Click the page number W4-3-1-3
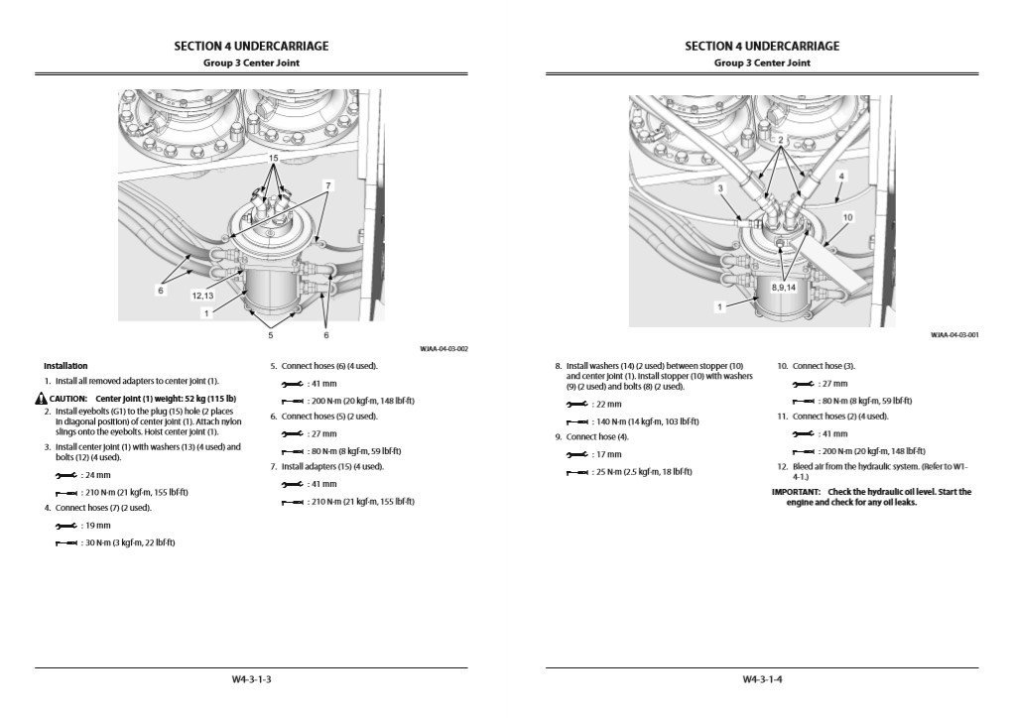tap(250, 679)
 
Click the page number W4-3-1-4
tap(761, 679)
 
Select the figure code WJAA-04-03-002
tap(444, 348)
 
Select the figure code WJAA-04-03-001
tap(954, 335)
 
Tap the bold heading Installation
tap(65, 366)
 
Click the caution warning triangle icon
tap(40, 399)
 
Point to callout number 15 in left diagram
tap(273, 159)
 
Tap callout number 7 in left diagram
tap(327, 185)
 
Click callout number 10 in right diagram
tap(847, 216)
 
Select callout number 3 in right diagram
tap(720, 187)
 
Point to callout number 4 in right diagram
tap(839, 176)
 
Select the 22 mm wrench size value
tap(608, 404)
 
